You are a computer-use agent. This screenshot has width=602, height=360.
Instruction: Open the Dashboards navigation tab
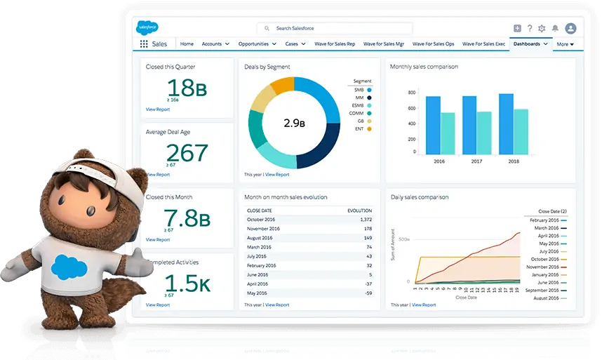[x=527, y=44]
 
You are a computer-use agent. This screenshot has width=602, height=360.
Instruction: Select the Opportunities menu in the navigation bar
[x=257, y=44]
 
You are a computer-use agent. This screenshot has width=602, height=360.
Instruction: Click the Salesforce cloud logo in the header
[x=147, y=28]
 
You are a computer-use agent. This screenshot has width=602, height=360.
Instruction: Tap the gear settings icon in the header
[x=541, y=28]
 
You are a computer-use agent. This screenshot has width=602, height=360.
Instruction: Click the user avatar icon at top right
[x=570, y=28]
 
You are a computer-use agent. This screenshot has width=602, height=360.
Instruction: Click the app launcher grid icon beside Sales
[x=144, y=44]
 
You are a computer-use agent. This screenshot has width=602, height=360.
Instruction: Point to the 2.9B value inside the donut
[x=295, y=123]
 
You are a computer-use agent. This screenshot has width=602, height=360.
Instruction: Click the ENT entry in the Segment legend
[x=359, y=128]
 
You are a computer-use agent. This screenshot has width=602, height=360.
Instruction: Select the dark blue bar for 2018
[x=506, y=124]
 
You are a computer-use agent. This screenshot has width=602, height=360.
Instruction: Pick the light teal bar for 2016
[x=448, y=133]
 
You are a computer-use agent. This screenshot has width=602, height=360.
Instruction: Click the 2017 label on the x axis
[x=476, y=161]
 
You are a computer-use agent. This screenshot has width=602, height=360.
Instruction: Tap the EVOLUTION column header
[x=359, y=210]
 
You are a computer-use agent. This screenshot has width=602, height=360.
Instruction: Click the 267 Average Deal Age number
[x=187, y=153]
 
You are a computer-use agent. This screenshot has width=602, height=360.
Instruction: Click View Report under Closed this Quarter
[x=158, y=109]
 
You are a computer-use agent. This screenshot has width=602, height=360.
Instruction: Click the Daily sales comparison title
[x=420, y=197]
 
